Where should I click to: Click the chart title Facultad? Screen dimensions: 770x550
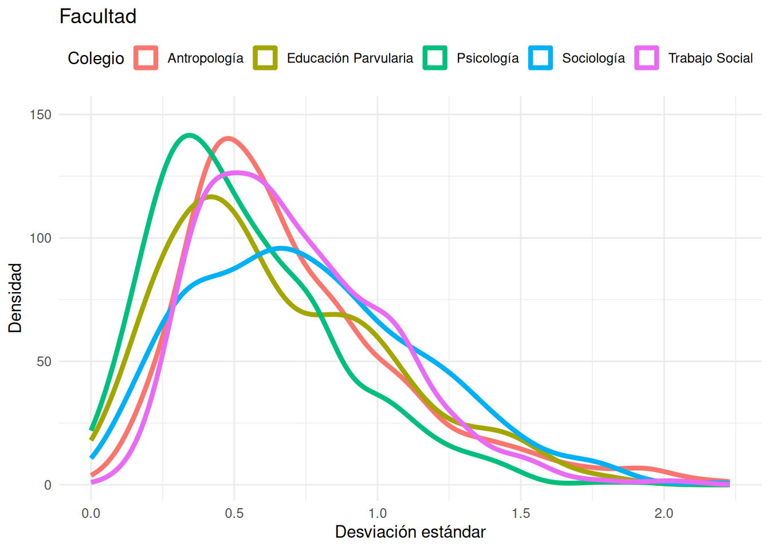click(x=98, y=16)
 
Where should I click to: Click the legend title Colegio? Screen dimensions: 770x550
click(x=96, y=58)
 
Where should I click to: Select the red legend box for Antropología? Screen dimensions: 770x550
click(x=146, y=58)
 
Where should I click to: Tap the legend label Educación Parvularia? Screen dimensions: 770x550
click(x=350, y=58)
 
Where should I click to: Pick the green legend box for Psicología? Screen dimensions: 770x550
click(x=435, y=58)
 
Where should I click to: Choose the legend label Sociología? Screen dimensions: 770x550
click(x=594, y=58)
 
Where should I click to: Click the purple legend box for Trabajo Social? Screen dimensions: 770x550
click(x=647, y=58)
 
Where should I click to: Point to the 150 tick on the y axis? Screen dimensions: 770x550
click(x=41, y=115)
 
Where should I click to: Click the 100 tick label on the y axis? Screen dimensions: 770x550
click(x=41, y=238)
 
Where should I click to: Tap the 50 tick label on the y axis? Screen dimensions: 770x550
click(x=44, y=362)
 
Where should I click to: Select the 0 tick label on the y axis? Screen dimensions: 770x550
click(x=48, y=485)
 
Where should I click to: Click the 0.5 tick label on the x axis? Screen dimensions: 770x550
click(x=234, y=513)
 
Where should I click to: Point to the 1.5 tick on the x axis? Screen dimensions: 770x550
click(x=521, y=513)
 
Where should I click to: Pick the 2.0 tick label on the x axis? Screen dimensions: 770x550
click(x=664, y=513)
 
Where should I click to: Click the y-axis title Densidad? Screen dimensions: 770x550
click(x=15, y=298)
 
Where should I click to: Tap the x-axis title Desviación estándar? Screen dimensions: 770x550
click(x=410, y=532)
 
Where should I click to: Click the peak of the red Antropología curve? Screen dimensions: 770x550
click(x=228, y=138)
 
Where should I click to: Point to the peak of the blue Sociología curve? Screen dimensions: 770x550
click(x=281, y=248)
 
